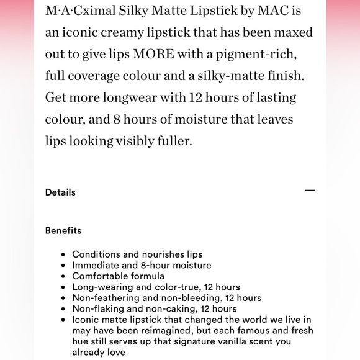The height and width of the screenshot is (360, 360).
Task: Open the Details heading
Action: [x=60, y=192]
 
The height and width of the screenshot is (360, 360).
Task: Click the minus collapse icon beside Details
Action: [x=310, y=191]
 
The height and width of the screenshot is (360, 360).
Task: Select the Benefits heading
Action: [x=63, y=231]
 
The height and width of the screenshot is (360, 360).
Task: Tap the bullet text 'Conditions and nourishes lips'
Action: [x=137, y=254]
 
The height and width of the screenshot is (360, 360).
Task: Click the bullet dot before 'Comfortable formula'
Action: [x=64, y=277]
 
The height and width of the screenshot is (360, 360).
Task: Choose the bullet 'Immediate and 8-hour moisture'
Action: [x=142, y=266]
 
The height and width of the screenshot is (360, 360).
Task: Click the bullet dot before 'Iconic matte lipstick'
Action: [x=64, y=320]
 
